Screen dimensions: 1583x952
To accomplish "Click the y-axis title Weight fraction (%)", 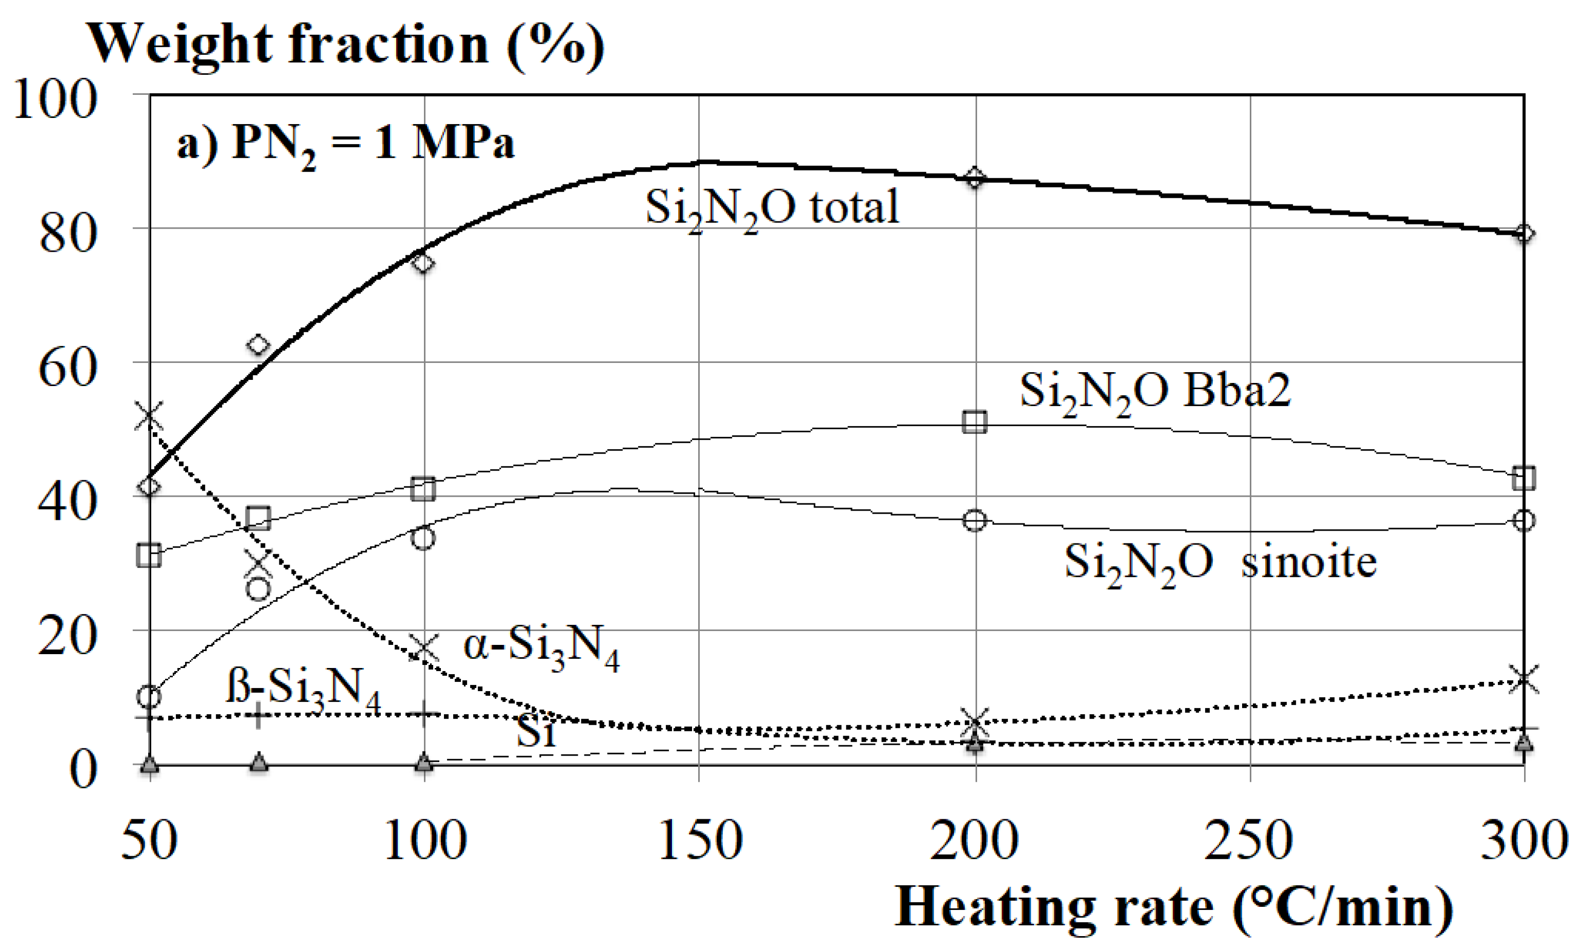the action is (x=345, y=45).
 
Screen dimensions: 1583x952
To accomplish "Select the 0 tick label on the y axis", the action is (x=84, y=769).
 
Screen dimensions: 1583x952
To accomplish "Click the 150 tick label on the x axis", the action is (x=700, y=840).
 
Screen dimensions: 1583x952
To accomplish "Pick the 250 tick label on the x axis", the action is (x=1248, y=840).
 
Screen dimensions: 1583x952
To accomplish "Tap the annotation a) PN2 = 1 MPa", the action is (x=345, y=145).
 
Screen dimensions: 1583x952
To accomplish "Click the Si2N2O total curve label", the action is (x=772, y=209).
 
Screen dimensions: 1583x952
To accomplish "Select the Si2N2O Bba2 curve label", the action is (x=1155, y=392).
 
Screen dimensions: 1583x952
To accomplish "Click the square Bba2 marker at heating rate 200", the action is (x=975, y=421).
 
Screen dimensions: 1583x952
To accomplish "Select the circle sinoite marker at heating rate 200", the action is (x=975, y=520).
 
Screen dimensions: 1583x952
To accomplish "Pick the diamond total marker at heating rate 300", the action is (x=1524, y=233).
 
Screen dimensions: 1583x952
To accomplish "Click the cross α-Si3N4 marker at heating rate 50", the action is (x=149, y=416).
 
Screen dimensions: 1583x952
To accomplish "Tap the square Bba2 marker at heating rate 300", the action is (x=1524, y=477).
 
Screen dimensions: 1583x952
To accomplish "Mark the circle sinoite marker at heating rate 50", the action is (x=149, y=696).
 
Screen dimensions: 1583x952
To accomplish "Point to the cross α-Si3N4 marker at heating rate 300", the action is (x=1524, y=679).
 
